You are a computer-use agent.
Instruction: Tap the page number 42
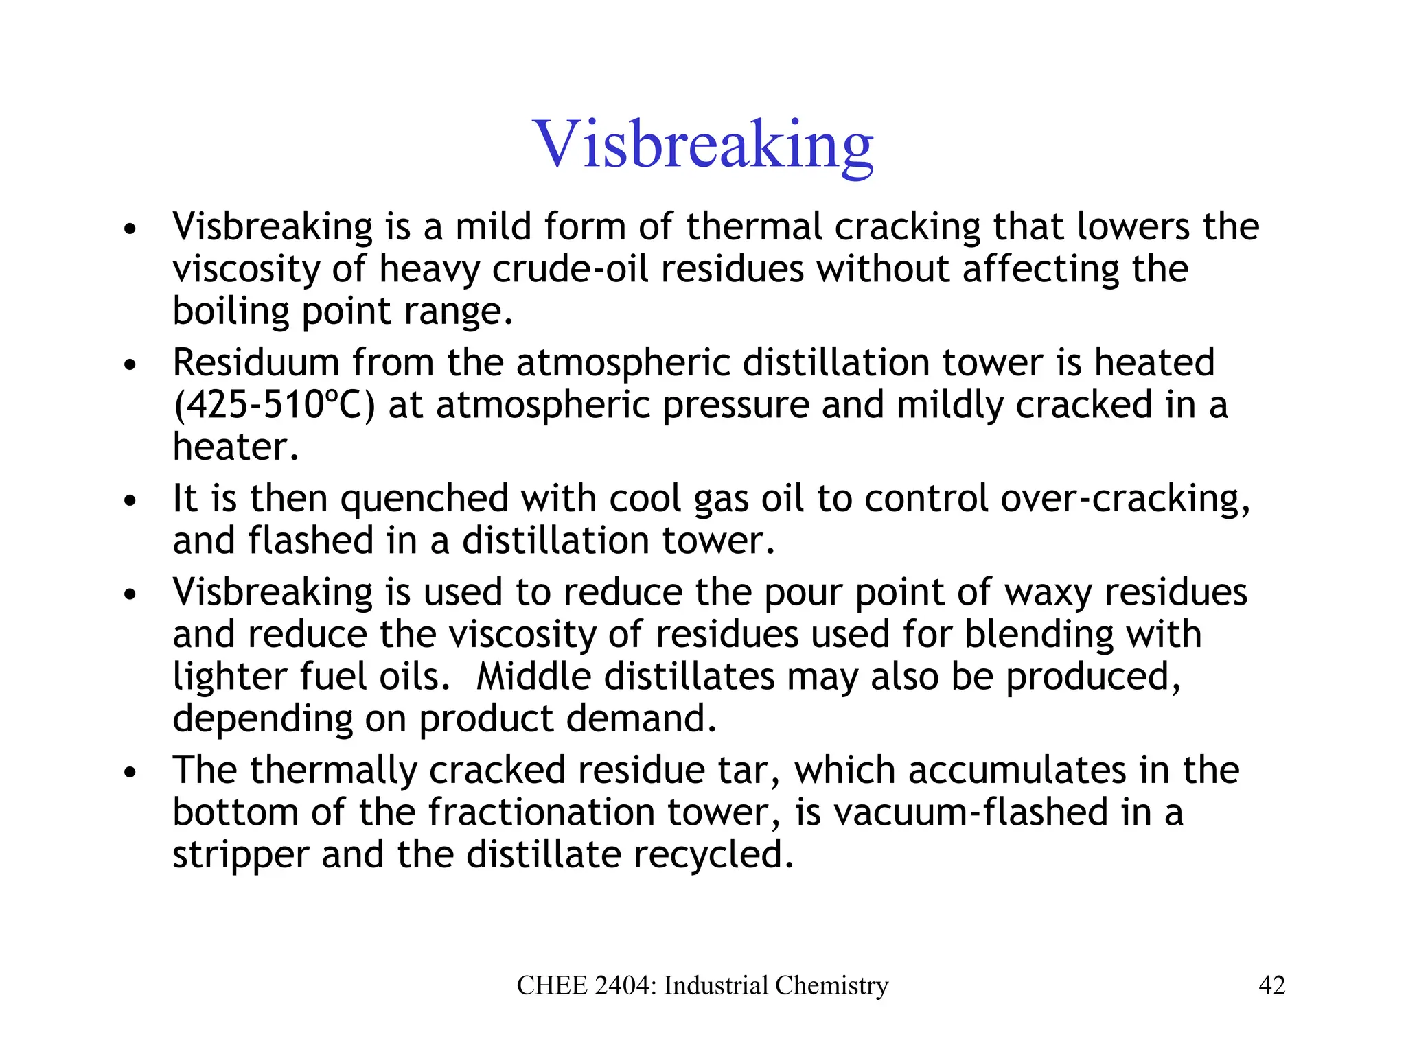point(1271,985)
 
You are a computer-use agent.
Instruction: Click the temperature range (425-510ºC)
point(275,405)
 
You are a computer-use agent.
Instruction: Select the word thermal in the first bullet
point(754,226)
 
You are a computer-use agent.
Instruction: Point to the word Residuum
point(255,362)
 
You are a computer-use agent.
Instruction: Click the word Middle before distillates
point(533,677)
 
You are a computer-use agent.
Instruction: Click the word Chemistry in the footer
point(831,985)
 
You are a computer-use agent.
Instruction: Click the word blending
point(1039,634)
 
